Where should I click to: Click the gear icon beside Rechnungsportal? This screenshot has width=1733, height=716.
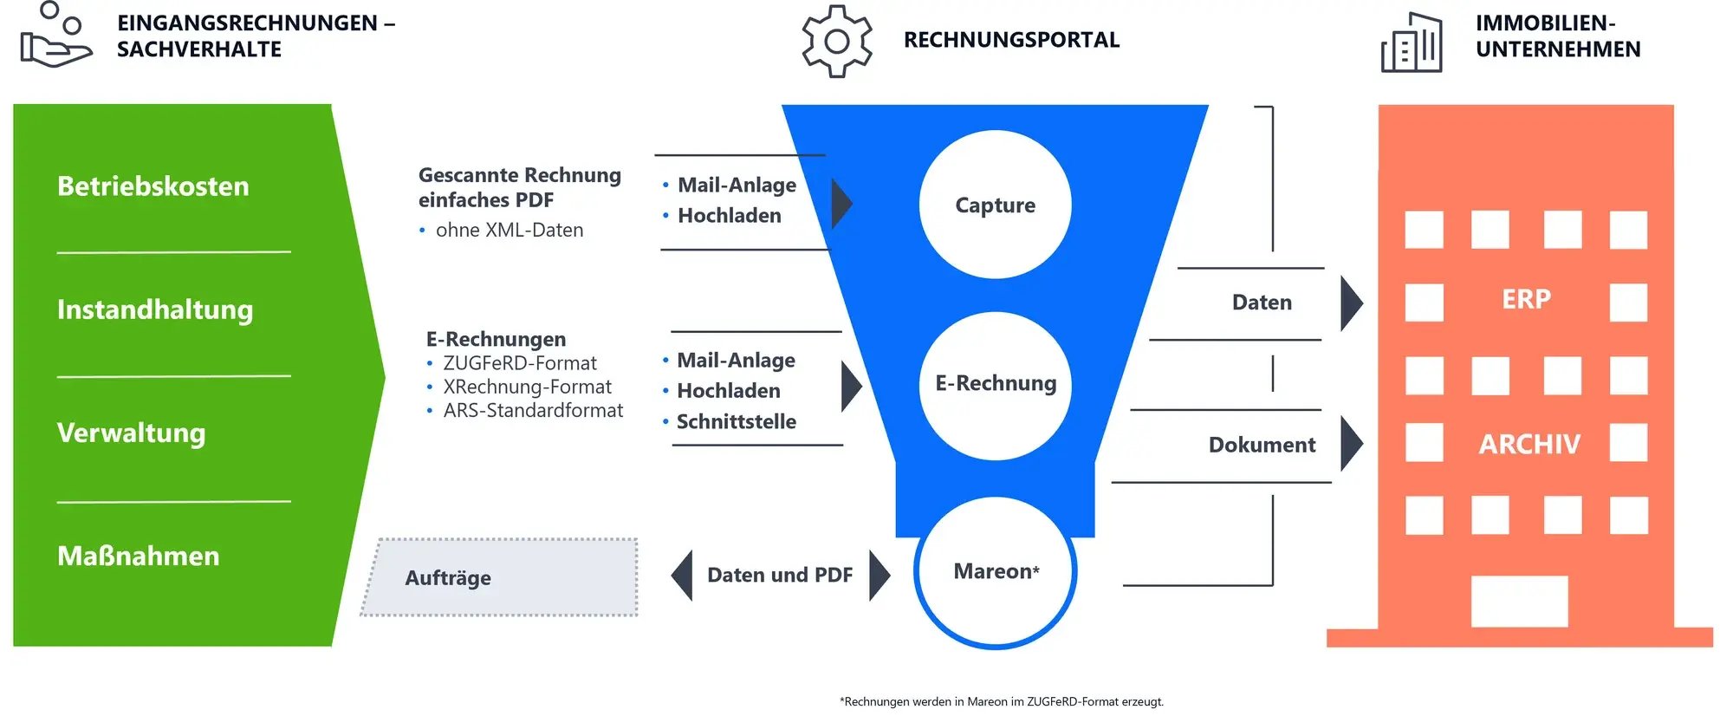836,41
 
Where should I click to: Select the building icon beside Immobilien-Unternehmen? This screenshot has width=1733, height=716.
1412,42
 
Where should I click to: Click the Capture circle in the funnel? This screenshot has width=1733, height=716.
995,205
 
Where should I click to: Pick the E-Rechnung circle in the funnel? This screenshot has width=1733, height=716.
995,384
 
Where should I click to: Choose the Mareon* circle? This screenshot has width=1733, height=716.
996,572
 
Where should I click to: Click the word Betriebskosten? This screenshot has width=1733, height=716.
153,186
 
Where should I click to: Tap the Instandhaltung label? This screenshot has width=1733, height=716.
155,309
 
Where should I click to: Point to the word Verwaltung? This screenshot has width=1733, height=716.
132,433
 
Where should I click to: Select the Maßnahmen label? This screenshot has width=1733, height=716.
139,556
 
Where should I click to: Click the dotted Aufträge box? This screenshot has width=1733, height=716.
499,577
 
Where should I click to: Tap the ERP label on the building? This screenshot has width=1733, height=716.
1526,299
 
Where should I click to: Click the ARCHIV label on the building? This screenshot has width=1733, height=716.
1529,444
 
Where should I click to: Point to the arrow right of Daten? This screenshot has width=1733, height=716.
1350,303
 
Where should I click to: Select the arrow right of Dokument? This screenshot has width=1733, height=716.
1350,444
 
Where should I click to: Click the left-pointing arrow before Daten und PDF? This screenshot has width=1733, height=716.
683,575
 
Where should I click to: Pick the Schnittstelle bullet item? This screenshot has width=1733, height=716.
736,422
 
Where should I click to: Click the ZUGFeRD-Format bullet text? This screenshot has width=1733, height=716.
520,363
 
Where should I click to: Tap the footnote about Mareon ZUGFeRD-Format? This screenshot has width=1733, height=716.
1002,701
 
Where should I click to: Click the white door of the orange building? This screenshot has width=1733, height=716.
1519,601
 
